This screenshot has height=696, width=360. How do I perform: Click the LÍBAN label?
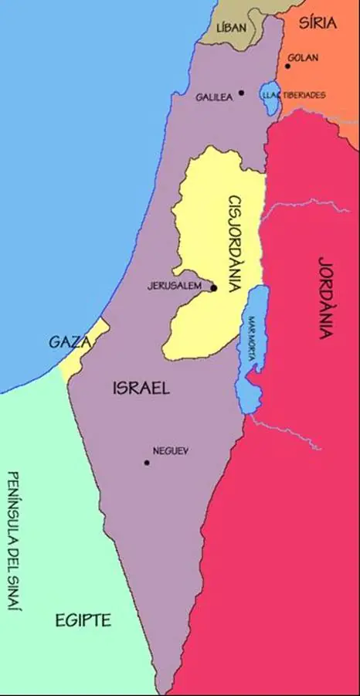click(x=231, y=27)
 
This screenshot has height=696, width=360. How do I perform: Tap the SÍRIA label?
click(x=318, y=22)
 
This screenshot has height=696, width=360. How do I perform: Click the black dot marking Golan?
click(x=288, y=66)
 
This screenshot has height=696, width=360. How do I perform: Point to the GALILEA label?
click(x=214, y=97)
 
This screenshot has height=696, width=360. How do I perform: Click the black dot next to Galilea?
click(x=241, y=93)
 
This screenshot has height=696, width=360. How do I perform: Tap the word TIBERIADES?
click(x=304, y=95)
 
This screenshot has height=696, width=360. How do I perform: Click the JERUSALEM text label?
click(x=174, y=285)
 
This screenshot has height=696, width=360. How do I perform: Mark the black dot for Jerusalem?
click(x=214, y=288)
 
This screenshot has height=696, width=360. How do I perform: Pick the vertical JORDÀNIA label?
click(x=325, y=297)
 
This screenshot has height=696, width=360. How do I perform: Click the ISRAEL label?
click(x=140, y=388)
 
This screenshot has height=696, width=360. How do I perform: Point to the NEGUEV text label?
click(x=171, y=451)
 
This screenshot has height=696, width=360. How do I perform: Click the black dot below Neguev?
click(x=146, y=463)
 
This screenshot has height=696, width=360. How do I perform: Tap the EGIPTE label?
click(x=83, y=620)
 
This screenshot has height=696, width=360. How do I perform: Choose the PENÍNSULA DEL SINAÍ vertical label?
click(x=12, y=541)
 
